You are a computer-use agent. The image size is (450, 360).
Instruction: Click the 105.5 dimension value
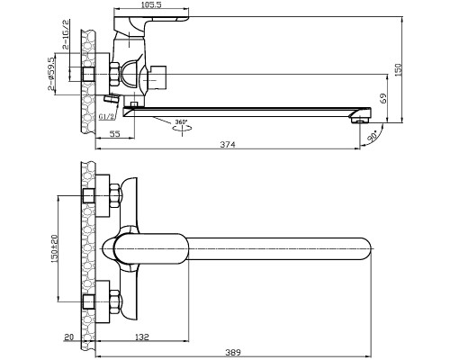click(151, 4)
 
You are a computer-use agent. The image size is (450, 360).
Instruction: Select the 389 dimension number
click(233, 352)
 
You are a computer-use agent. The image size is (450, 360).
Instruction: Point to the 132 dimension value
click(141, 337)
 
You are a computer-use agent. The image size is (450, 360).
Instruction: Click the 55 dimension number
click(114, 134)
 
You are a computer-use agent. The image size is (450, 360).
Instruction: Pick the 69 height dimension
click(383, 98)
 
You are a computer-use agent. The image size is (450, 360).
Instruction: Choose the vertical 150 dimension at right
click(398, 70)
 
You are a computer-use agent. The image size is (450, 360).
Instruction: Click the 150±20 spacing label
click(54, 248)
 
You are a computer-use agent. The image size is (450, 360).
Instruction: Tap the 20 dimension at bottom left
click(68, 337)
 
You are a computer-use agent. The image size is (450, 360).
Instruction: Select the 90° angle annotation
click(373, 136)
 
